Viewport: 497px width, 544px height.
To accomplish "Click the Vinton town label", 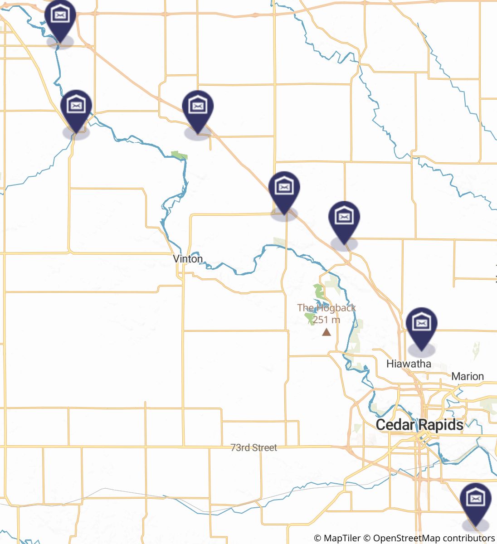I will click(x=188, y=258).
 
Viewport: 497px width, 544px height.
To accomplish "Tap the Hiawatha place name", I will click(x=409, y=364).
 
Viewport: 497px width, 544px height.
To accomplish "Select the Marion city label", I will click(x=468, y=376).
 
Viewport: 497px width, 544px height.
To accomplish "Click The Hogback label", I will click(x=326, y=308).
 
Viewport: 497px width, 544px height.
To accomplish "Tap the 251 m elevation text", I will click(x=326, y=320).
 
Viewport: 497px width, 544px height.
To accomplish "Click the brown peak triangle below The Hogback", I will click(x=326, y=332).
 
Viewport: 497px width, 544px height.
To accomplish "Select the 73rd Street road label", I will click(x=253, y=447).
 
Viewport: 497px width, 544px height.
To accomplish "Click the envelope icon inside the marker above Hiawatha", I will click(x=421, y=323).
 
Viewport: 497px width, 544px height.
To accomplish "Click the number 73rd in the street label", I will click(x=240, y=447).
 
